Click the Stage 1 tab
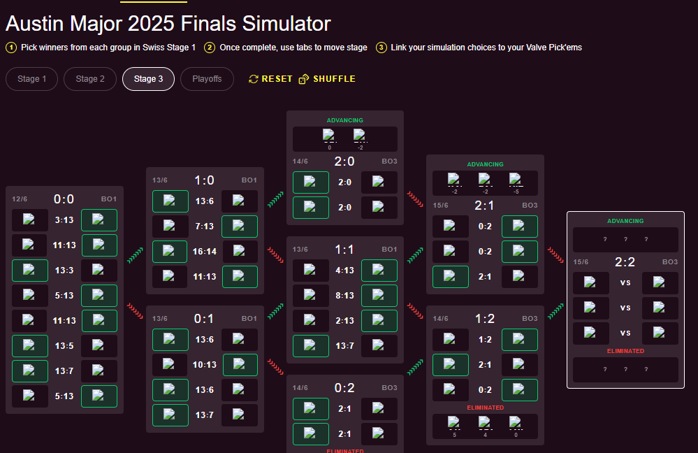31,79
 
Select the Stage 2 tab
90,79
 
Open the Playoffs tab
207,79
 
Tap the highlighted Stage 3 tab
148,79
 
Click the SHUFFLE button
327,79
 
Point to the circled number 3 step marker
381,48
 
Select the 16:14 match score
205,251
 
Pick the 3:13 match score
65,220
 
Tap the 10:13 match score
205,365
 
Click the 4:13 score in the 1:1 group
344,271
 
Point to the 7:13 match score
205,226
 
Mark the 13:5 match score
65,345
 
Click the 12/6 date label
20,199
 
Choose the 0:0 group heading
64,199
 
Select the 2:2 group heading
625,261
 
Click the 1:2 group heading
485,318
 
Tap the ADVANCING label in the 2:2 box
625,221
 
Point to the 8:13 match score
344,296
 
